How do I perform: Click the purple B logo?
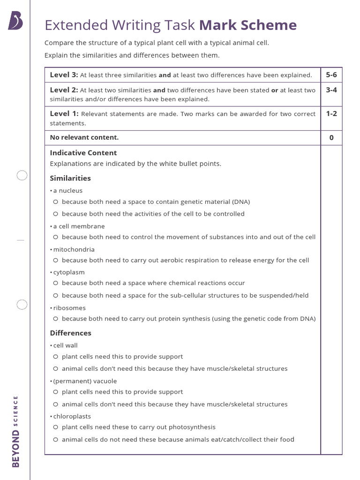15,21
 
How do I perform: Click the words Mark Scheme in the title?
248,25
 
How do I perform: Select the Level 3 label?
64,75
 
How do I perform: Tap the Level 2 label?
64,90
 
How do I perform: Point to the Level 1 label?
64,114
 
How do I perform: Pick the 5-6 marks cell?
331,75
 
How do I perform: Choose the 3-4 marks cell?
331,90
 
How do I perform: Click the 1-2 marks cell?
331,114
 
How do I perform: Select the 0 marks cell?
331,138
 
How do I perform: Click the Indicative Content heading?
83,153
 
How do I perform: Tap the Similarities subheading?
70,178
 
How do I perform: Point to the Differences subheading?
71,333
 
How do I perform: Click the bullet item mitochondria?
74,249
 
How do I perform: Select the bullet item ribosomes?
69,308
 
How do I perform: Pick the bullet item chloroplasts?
72,416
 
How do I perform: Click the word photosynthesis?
192,427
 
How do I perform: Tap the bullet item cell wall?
65,345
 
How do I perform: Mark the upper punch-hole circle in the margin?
22,176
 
